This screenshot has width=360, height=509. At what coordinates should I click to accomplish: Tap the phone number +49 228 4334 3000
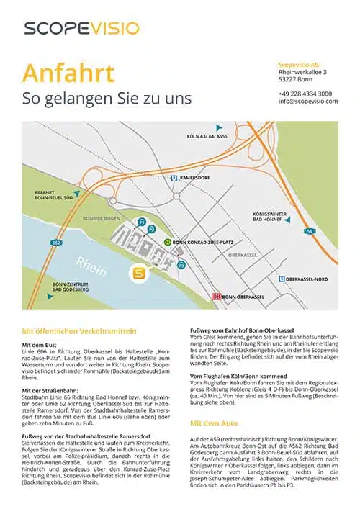pyautogui.click(x=305, y=94)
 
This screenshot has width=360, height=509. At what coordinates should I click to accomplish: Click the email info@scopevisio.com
pyautogui.click(x=307, y=102)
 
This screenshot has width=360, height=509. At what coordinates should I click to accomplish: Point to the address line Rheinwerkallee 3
pyautogui.click(x=303, y=72)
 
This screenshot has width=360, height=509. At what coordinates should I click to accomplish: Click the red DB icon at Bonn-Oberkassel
pyautogui.click(x=215, y=296)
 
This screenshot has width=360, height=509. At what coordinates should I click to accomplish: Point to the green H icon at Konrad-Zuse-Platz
pyautogui.click(x=168, y=243)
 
